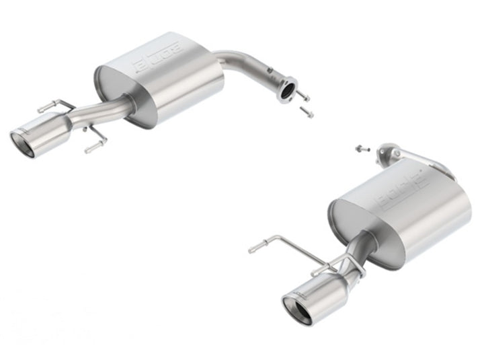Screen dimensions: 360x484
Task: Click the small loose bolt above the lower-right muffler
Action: point(360,147)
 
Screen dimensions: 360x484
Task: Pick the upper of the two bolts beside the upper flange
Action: point(302,95)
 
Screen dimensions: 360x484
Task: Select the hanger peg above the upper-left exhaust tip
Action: point(48,106)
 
